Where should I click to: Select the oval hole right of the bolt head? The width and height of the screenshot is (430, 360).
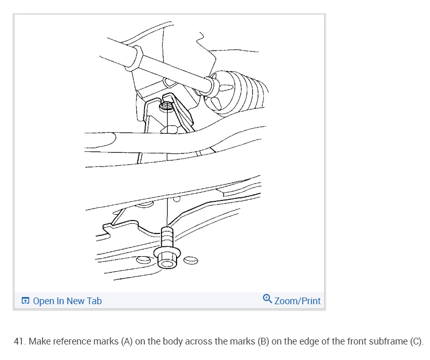click(190, 259)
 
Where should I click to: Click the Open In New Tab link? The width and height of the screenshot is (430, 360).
click(67, 301)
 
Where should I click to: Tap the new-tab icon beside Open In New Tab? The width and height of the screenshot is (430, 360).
click(25, 301)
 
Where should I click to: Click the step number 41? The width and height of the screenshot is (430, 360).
click(20, 342)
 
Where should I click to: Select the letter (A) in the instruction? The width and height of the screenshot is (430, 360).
click(126, 342)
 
